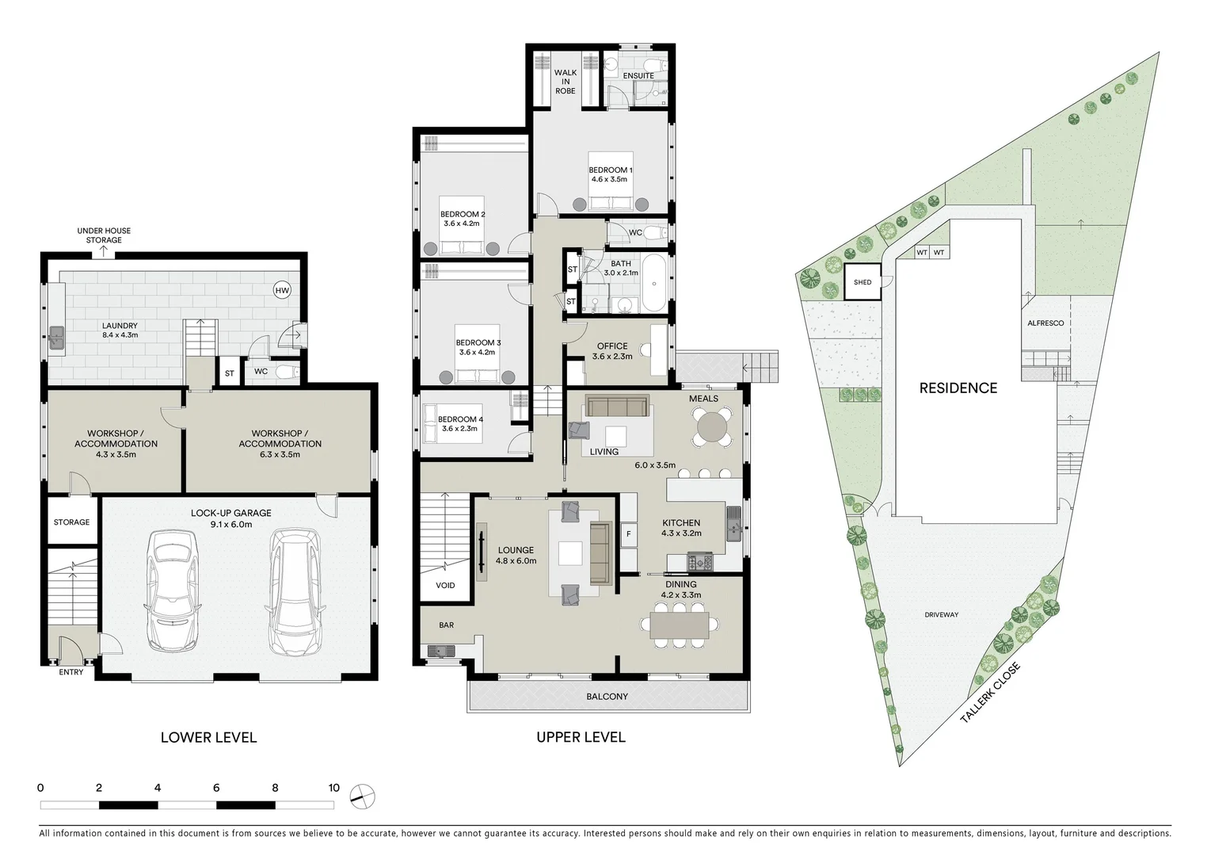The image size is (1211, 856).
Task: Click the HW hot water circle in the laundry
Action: (282, 291)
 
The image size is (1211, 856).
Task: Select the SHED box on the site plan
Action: (863, 282)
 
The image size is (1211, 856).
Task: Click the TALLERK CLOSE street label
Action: (990, 693)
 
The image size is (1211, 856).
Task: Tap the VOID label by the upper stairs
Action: (445, 585)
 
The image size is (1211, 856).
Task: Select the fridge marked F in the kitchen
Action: (629, 533)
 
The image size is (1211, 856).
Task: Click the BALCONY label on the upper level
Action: (607, 697)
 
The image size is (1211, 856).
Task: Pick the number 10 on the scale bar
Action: (333, 788)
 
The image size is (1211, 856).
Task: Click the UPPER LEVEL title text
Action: (581, 737)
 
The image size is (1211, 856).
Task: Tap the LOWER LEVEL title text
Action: (208, 737)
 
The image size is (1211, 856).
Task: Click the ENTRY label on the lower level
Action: (71, 672)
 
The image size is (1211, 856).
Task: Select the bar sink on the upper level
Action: (438, 652)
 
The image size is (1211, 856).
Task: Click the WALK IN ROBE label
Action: (565, 82)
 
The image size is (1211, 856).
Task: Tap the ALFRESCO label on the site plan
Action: (1045, 323)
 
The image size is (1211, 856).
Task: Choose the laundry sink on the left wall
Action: (56, 338)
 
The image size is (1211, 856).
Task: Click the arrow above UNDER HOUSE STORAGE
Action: (104, 252)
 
